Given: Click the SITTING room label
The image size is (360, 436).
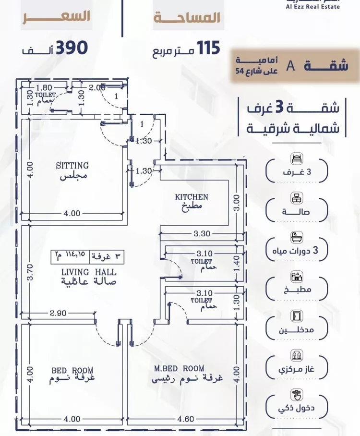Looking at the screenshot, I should click(72, 166).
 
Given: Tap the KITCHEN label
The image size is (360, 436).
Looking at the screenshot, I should click(191, 197).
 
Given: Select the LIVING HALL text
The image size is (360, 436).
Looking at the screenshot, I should click(88, 272).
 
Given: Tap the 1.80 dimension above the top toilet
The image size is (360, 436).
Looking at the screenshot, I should click(43, 87).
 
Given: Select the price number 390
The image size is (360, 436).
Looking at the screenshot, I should click(72, 48).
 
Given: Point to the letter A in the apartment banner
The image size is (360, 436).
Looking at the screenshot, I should click(289, 66).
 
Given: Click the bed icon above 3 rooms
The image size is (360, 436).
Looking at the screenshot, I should click(296, 159).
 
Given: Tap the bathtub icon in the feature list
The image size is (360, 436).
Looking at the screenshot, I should click(296, 237).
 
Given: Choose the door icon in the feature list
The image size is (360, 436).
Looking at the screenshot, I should click(296, 316).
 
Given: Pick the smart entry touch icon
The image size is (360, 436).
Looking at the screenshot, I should click(296, 395).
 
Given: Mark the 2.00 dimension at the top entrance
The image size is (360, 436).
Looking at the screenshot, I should click(97, 87).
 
